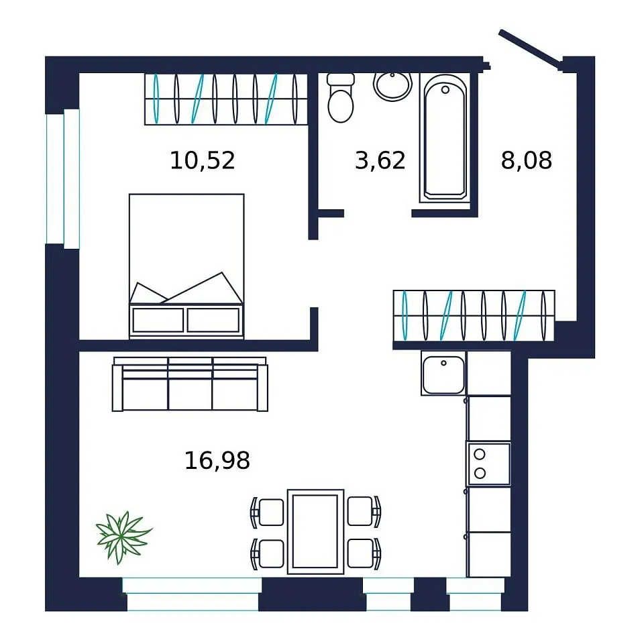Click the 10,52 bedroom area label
click(203, 160)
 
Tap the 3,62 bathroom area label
click(380, 160)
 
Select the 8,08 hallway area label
click(527, 160)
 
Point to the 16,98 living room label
click(217, 460)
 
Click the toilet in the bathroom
click(341, 98)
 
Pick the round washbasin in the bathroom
click(392, 87)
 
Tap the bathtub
click(445, 138)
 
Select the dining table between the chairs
click(315, 531)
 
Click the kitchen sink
click(443, 374)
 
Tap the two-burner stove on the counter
click(488, 464)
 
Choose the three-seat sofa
click(190, 384)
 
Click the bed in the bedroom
click(186, 266)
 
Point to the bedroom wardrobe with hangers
click(226, 99)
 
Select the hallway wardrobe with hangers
click(474, 316)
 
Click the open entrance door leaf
click(530, 47)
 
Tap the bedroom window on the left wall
click(62, 178)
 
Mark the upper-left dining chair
click(268, 512)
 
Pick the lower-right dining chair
click(364, 553)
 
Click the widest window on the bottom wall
click(193, 594)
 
